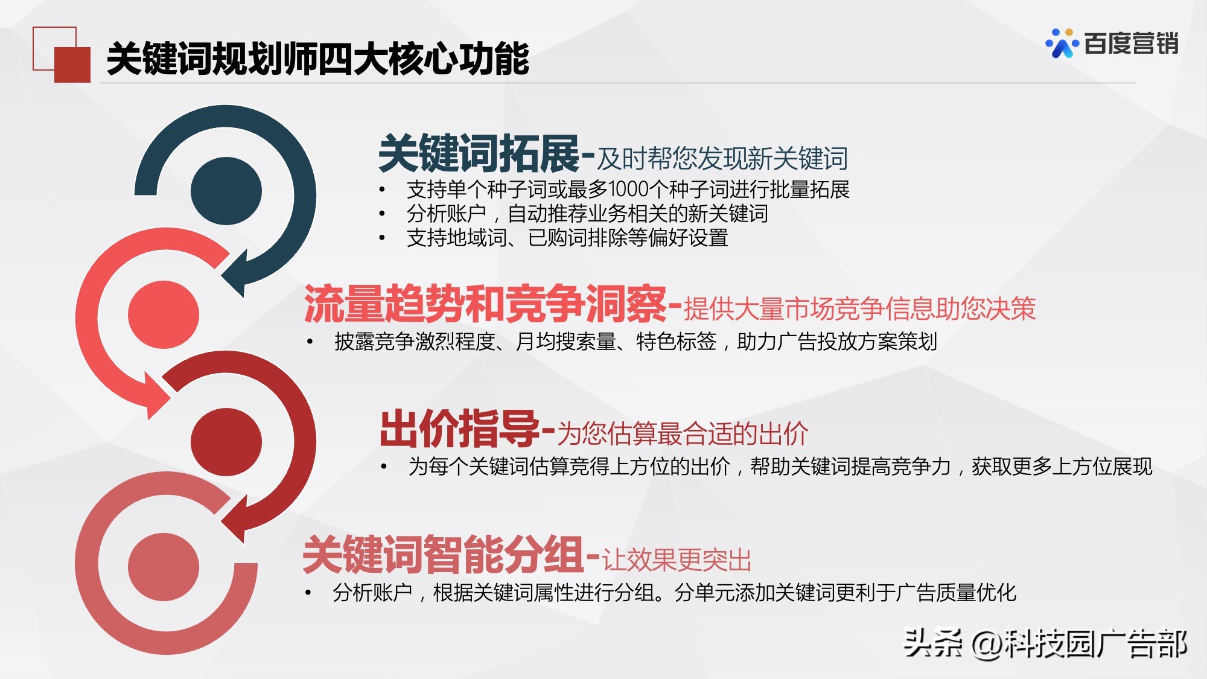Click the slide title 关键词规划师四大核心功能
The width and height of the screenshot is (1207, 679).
point(317,59)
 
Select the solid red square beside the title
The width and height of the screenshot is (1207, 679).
point(72,65)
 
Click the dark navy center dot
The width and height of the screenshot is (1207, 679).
point(226,191)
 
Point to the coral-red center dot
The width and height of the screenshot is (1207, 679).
point(164,314)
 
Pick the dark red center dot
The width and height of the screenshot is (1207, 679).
point(226,442)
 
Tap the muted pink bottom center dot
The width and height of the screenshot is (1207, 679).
point(164,567)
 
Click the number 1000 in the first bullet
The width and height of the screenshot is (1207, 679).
point(628,190)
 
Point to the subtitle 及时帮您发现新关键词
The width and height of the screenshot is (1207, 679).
point(722,159)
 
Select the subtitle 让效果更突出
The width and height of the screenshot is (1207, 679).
point(677,560)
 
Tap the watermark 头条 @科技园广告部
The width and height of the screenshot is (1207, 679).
point(1045,643)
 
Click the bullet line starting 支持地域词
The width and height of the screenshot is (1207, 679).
point(567,238)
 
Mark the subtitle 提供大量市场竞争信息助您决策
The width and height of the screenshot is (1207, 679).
point(859,309)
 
